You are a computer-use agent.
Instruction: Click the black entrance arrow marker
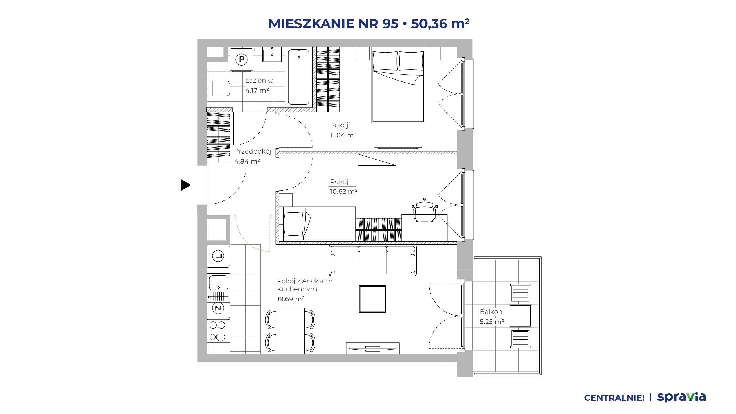(x=186, y=185)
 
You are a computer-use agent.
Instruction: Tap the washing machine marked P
(x=241, y=60)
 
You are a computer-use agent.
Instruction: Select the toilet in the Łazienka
(x=218, y=88)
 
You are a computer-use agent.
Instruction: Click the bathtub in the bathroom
(x=299, y=77)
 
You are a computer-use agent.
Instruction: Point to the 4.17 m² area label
(x=257, y=90)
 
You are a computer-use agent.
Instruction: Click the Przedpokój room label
(x=253, y=151)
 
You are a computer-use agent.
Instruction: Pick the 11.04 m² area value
(x=343, y=135)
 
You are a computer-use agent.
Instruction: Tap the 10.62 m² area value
(x=344, y=191)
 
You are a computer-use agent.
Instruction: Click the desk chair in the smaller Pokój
(x=425, y=210)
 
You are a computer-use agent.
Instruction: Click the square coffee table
(x=373, y=299)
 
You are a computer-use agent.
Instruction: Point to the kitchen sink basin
(x=218, y=283)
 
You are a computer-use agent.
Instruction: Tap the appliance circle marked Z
(x=218, y=308)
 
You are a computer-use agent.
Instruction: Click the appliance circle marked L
(x=218, y=256)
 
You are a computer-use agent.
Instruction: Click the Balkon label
(x=491, y=312)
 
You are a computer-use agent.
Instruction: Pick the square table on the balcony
(x=520, y=316)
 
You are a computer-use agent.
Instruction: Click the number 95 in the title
(x=390, y=24)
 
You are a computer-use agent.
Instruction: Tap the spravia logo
(x=681, y=397)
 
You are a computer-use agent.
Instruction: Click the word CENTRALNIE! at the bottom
(x=614, y=398)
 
